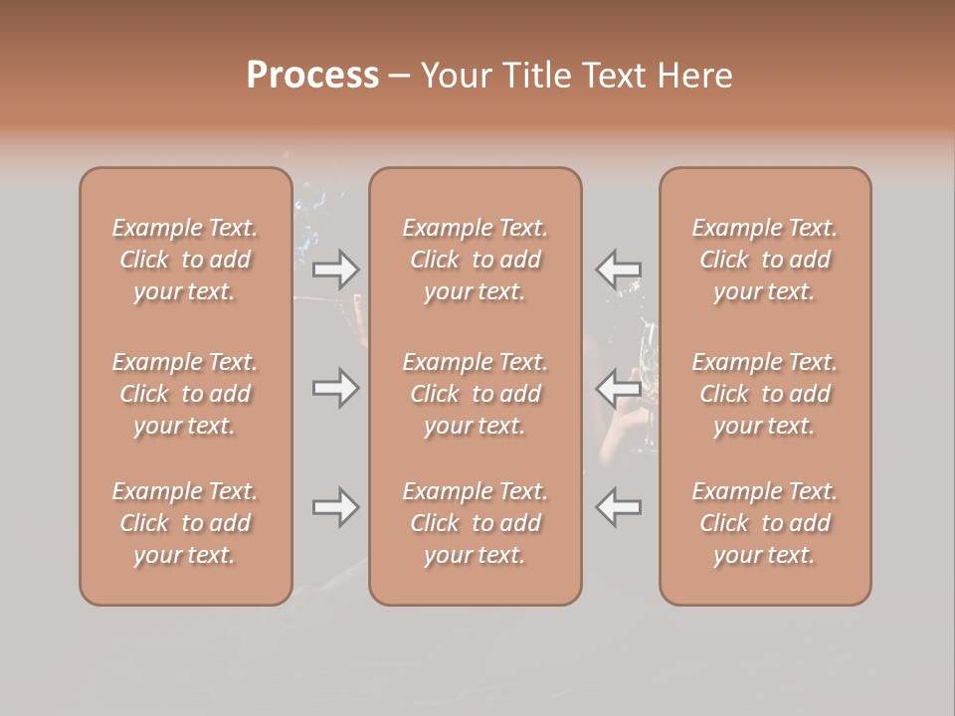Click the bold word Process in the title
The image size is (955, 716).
pyautogui.click(x=312, y=76)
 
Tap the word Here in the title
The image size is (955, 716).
pyautogui.click(x=697, y=76)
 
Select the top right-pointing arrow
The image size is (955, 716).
pyautogui.click(x=335, y=268)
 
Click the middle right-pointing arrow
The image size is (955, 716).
pyautogui.click(x=335, y=388)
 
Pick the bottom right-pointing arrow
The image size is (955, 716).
pyautogui.click(x=335, y=507)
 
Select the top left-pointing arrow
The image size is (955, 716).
pyautogui.click(x=619, y=268)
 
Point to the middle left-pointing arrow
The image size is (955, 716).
pyautogui.click(x=619, y=388)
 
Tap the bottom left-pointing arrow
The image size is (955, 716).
pyautogui.click(x=619, y=507)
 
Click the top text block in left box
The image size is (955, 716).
pyautogui.click(x=185, y=260)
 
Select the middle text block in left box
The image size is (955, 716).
pyautogui.click(x=185, y=394)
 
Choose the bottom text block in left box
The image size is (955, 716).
pyautogui.click(x=185, y=523)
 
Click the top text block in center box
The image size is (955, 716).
pyautogui.click(x=476, y=260)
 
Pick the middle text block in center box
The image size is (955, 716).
pyautogui.click(x=476, y=394)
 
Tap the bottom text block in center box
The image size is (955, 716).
pyautogui.click(x=476, y=523)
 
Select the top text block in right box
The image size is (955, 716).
pyautogui.click(x=765, y=260)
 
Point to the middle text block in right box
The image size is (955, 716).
pyautogui.click(x=765, y=394)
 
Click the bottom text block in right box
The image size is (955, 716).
pyautogui.click(x=765, y=523)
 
